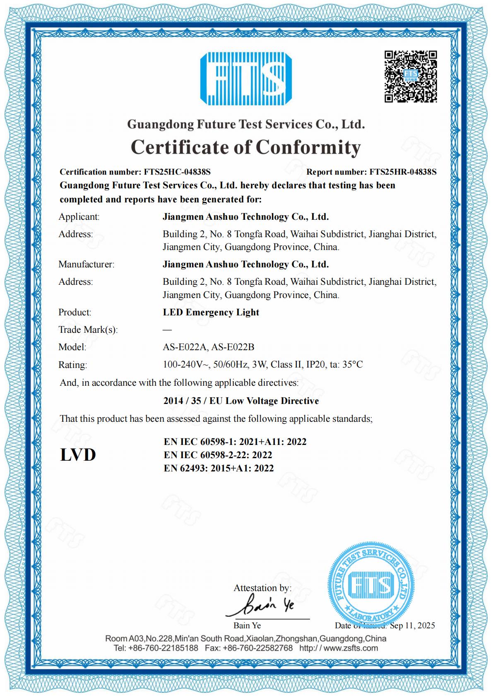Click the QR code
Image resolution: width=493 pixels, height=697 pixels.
[x=411, y=76]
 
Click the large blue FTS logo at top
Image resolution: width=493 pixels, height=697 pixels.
[x=246, y=79]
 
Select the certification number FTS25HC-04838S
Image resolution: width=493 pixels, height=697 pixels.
[x=177, y=172]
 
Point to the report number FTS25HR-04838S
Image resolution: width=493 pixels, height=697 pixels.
[x=403, y=172]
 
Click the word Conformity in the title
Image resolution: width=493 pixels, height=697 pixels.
[x=308, y=147]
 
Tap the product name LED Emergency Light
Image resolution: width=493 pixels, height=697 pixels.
[x=211, y=312]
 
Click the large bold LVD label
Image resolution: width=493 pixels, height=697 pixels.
[x=78, y=455]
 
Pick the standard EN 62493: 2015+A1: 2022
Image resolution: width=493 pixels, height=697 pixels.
[x=219, y=469]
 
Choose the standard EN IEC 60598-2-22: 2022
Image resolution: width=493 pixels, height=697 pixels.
[x=218, y=455]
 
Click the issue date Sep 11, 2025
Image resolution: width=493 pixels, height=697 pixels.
[x=412, y=625]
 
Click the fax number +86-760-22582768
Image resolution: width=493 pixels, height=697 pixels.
[x=257, y=648]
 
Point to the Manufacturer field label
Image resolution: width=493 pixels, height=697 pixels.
[x=86, y=264]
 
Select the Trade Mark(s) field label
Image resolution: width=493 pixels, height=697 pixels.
[x=88, y=330]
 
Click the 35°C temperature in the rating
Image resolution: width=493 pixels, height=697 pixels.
[x=353, y=365]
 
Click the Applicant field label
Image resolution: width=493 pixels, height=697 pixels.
[x=79, y=217]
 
